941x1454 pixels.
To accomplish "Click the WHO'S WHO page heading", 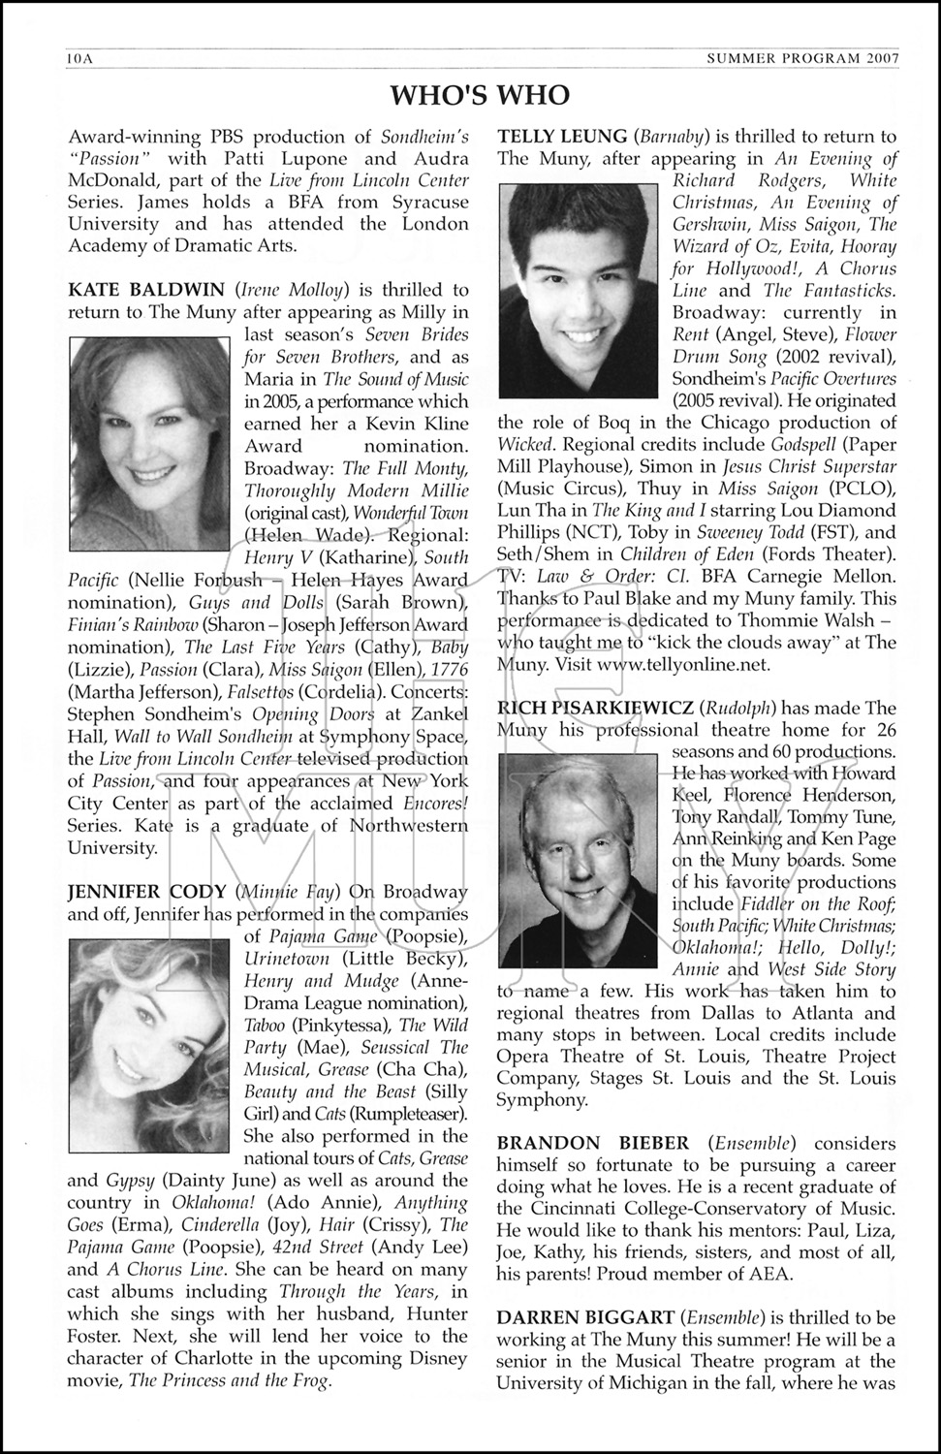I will coord(479,95).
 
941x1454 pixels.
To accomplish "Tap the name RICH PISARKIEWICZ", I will coord(595,708).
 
